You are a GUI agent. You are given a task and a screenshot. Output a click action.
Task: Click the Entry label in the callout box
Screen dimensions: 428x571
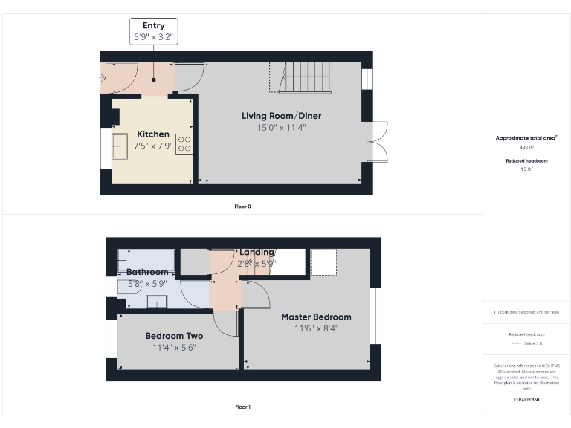tap(153, 25)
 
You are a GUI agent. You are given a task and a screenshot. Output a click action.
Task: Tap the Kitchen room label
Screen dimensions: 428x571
tap(152, 134)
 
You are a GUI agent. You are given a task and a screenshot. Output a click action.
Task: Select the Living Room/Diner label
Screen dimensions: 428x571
tap(281, 116)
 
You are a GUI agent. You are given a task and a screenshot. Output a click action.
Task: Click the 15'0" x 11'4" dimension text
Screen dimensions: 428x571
tap(281, 128)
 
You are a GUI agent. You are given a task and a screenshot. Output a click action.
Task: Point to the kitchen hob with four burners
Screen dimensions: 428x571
tap(184, 143)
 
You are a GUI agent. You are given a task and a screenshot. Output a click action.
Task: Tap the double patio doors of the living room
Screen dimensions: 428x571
tap(380, 140)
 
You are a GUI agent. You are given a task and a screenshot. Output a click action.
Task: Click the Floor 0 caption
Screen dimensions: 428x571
tap(242, 206)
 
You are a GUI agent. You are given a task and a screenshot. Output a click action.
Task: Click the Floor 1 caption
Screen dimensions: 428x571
tap(242, 407)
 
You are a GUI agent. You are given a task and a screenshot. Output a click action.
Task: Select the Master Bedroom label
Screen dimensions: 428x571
tap(315, 317)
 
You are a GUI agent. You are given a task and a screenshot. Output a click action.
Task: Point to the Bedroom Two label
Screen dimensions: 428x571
tap(174, 335)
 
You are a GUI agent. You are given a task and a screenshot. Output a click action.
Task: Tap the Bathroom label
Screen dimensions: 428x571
tap(147, 272)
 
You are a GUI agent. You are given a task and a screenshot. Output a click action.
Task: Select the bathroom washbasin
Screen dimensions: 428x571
tap(157, 301)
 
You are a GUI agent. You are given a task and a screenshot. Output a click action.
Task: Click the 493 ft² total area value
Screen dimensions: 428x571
tap(526, 148)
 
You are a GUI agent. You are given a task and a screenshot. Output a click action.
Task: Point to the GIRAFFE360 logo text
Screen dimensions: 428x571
tap(526, 399)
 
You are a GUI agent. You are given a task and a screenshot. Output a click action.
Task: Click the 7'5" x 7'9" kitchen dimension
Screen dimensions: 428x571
tap(152, 146)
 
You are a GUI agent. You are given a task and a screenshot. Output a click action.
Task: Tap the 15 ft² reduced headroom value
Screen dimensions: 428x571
tap(526, 169)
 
